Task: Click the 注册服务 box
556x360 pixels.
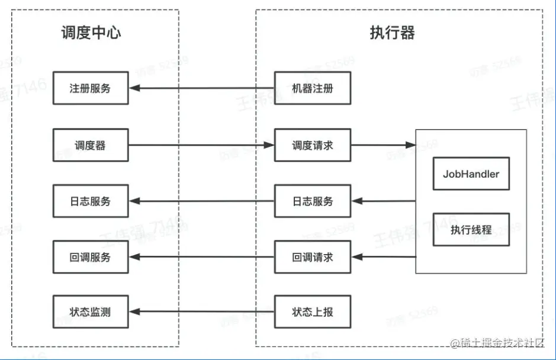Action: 91,88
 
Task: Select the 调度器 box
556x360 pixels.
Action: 91,145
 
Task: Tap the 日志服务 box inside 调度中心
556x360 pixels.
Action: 91,201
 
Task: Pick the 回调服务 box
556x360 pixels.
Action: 91,257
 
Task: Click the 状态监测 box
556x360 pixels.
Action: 91,311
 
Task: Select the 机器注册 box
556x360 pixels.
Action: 313,88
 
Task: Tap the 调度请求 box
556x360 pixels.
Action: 313,145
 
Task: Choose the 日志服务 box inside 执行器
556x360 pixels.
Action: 313,201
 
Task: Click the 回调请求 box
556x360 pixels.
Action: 313,257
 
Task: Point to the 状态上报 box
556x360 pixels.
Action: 313,311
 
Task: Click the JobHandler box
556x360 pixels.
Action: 471,173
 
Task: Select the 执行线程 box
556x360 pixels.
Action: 471,230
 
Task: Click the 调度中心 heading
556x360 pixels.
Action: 91,33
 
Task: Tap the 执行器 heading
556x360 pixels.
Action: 393,33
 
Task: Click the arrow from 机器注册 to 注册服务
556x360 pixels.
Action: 201,88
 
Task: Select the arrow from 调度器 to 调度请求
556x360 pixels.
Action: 201,145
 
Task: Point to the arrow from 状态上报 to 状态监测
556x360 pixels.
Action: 201,311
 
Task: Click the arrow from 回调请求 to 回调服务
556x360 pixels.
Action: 201,257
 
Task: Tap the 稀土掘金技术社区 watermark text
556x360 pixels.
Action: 500,343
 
